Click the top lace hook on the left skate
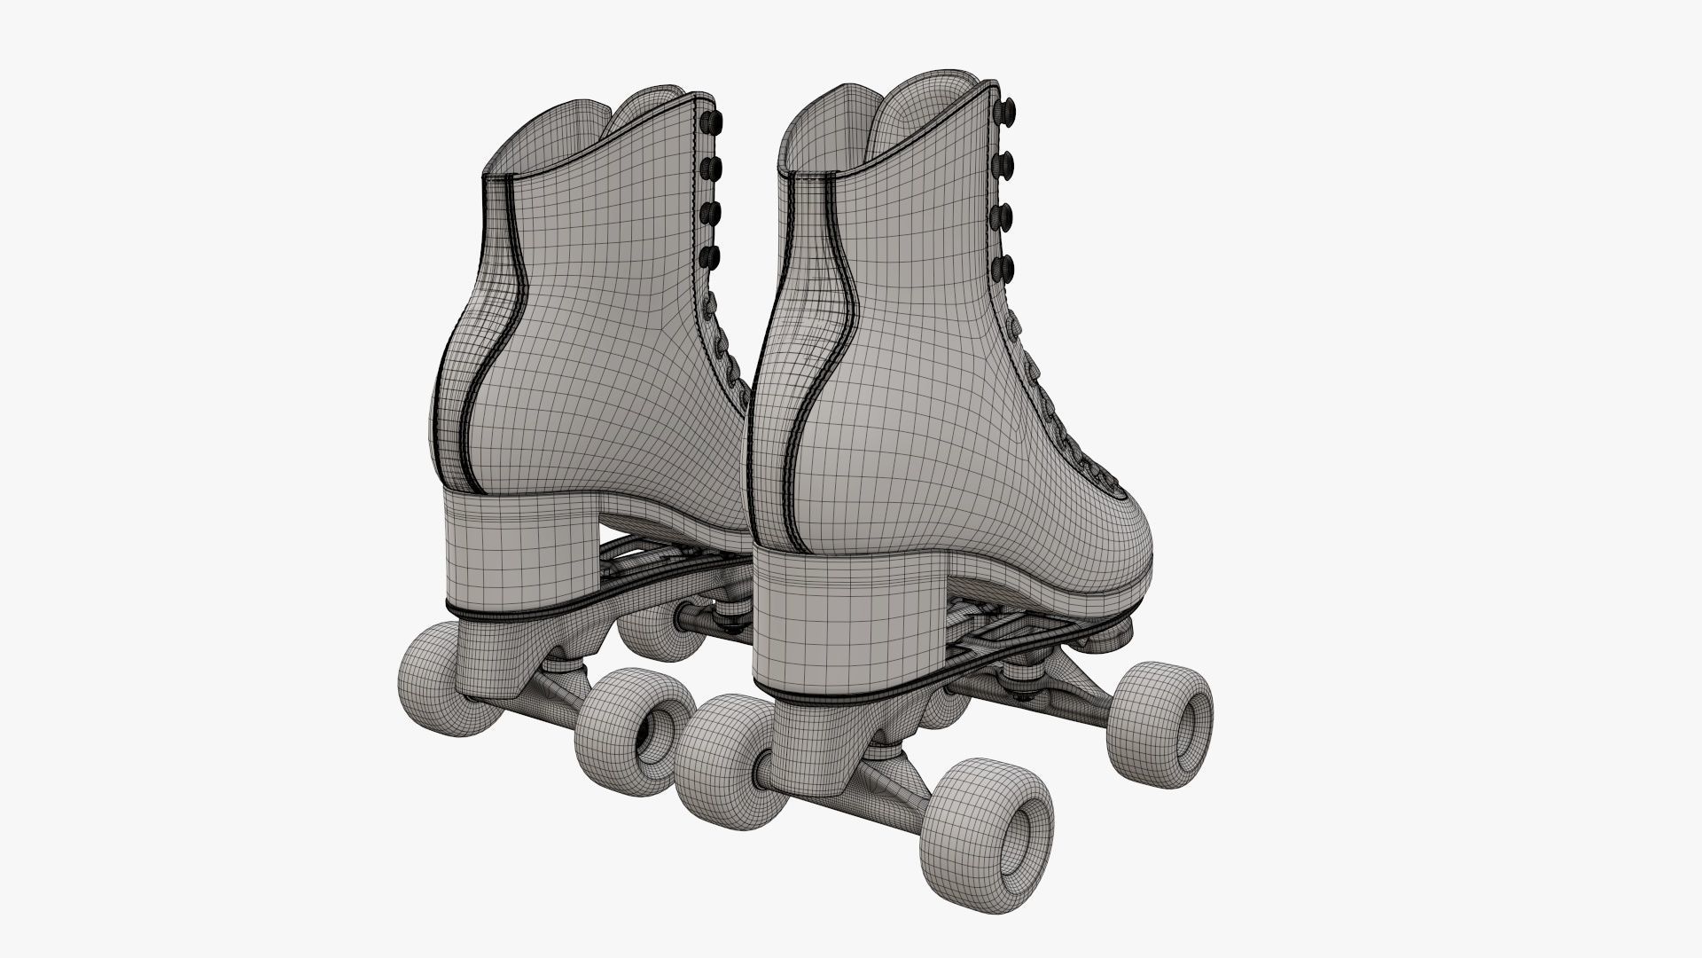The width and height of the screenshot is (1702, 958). pyautogui.click(x=712, y=121)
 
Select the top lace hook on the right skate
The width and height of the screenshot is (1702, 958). pyautogui.click(x=1005, y=111)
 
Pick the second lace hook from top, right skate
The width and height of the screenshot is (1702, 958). pyautogui.click(x=1005, y=162)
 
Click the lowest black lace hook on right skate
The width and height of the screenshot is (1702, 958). pyautogui.click(x=1005, y=265)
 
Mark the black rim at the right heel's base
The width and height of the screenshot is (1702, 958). pyautogui.click(x=851, y=701)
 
